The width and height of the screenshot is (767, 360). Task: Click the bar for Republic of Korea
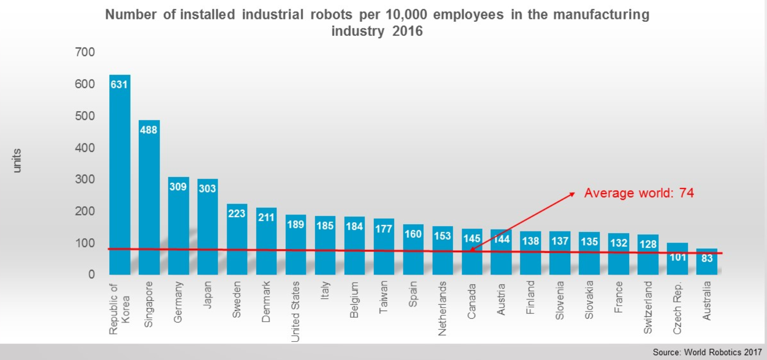(119, 175)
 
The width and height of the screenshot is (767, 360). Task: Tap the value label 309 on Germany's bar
(178, 187)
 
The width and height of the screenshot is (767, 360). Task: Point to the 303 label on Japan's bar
(207, 188)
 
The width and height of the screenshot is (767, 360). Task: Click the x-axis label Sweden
(236, 299)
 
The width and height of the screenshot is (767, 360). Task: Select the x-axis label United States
(295, 311)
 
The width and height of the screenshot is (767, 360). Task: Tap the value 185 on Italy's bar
(325, 226)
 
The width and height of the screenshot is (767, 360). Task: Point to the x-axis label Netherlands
(442, 309)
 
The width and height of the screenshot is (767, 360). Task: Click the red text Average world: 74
(639, 193)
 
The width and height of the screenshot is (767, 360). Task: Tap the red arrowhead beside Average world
(572, 194)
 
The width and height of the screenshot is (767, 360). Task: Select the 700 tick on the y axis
(85, 52)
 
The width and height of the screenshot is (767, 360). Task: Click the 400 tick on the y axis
(85, 147)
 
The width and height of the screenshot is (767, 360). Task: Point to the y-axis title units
(17, 161)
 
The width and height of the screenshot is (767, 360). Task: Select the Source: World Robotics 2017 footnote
(707, 352)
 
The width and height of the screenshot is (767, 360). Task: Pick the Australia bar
(707, 264)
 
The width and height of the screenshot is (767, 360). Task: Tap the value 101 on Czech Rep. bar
(678, 257)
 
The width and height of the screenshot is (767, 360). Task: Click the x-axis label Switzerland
(648, 307)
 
